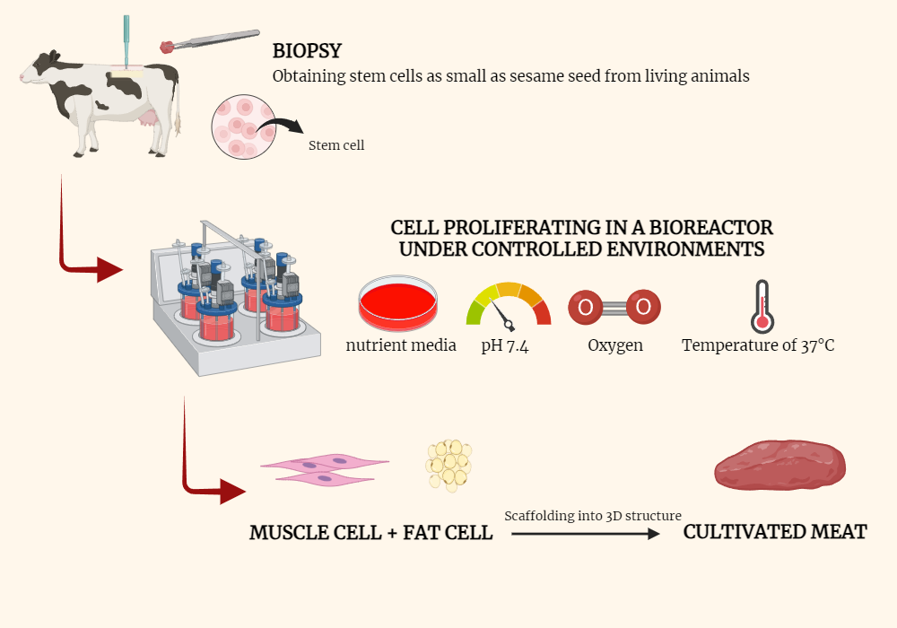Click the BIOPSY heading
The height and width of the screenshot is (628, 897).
(307, 50)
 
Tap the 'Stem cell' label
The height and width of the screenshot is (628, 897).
(336, 145)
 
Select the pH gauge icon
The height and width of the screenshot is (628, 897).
(508, 304)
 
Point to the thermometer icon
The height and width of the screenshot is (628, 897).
(762, 306)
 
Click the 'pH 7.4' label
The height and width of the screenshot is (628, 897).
(504, 345)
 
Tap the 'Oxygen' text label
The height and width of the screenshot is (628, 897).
(614, 345)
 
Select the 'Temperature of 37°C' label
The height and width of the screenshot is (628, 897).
(758, 345)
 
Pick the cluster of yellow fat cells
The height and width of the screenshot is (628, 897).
(449, 465)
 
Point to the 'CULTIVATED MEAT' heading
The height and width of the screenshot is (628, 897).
(775, 532)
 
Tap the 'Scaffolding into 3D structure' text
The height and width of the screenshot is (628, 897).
(593, 516)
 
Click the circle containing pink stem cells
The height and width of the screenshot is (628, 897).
(241, 127)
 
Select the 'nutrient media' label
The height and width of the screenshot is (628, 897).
(401, 345)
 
